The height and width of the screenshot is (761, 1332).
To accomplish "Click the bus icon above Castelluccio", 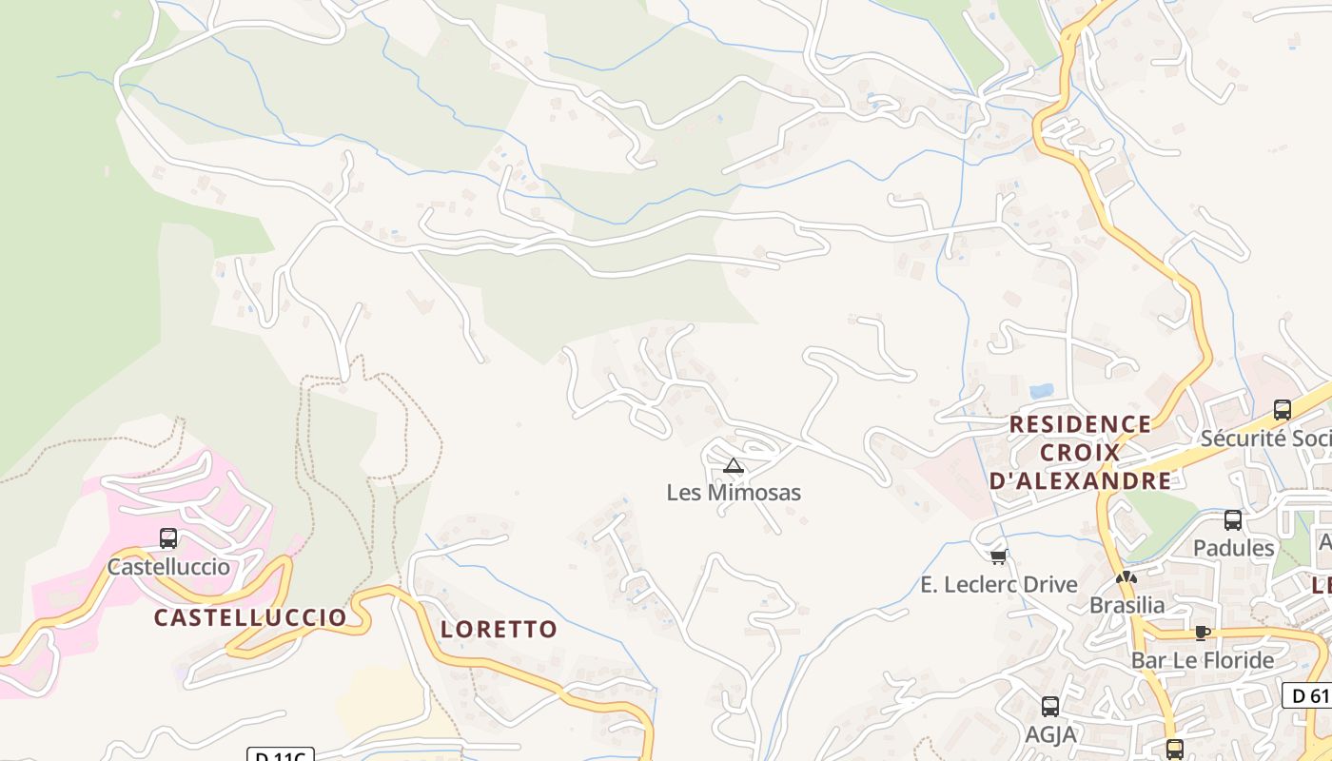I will (x=168, y=538).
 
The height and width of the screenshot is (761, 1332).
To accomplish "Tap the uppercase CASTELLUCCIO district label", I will (x=250, y=617).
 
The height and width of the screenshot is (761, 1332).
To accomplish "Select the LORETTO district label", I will (x=499, y=629).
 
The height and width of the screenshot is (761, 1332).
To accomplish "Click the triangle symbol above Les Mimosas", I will (x=733, y=465).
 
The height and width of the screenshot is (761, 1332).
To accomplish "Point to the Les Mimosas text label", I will (x=734, y=493).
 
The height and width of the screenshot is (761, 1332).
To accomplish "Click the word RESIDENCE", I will (x=1080, y=424).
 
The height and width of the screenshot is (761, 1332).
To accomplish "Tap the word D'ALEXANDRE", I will (x=1080, y=481).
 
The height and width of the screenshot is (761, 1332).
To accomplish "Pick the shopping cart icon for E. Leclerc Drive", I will (x=998, y=556).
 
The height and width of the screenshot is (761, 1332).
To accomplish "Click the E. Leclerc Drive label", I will (x=999, y=584).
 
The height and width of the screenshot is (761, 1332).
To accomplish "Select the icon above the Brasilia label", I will (x=1126, y=577).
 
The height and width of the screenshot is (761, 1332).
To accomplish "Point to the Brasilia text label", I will (x=1126, y=605).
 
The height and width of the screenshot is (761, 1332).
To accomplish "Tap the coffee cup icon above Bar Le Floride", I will (x=1203, y=633).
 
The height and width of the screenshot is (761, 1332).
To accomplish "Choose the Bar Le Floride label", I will (x=1203, y=660).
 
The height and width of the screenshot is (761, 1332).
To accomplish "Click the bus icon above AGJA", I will (x=1050, y=707).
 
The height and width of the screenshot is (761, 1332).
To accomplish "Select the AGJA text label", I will (x=1050, y=734).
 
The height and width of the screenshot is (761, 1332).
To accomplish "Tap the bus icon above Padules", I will (x=1233, y=520).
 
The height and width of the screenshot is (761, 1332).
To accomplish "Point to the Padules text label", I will (x=1233, y=548).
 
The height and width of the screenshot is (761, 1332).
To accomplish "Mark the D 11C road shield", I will (x=281, y=756).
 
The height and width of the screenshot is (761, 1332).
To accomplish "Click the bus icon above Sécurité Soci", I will (x=1283, y=410).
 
